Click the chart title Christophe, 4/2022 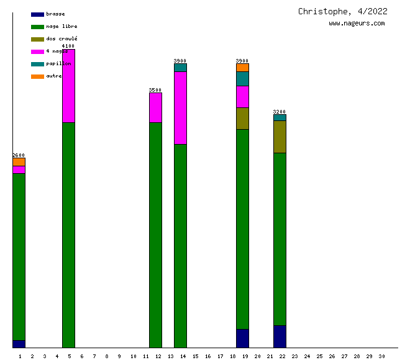342,11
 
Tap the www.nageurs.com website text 357,24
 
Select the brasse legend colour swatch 37,14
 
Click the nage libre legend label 61,27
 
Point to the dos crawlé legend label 61,39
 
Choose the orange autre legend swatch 37,76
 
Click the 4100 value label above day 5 68,46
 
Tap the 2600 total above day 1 19,155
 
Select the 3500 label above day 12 155,90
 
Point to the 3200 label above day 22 280,112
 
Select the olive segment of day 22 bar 280,137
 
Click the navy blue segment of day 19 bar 242,338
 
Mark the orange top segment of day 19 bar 242,68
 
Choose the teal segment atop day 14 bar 180,68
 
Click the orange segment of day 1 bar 19,162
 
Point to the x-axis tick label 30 381,356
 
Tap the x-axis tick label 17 220,356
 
